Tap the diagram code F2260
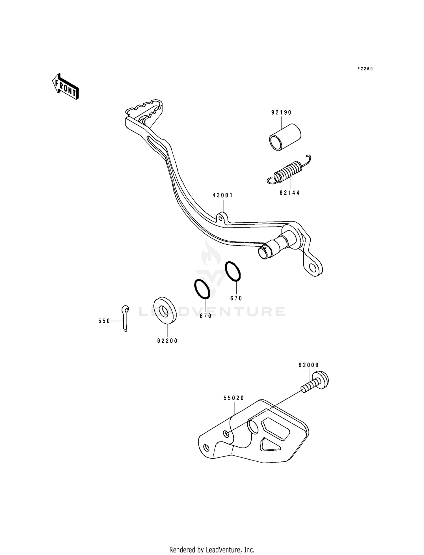point(365,69)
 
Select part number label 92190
point(281,113)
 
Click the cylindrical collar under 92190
point(285,137)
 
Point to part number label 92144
point(290,193)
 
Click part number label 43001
point(223,195)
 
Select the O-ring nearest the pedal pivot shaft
point(233,271)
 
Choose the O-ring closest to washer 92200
point(202,289)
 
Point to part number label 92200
point(168,341)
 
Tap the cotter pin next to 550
point(125,318)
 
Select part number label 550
point(104,321)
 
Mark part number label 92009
point(309,365)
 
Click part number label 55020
point(234,398)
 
